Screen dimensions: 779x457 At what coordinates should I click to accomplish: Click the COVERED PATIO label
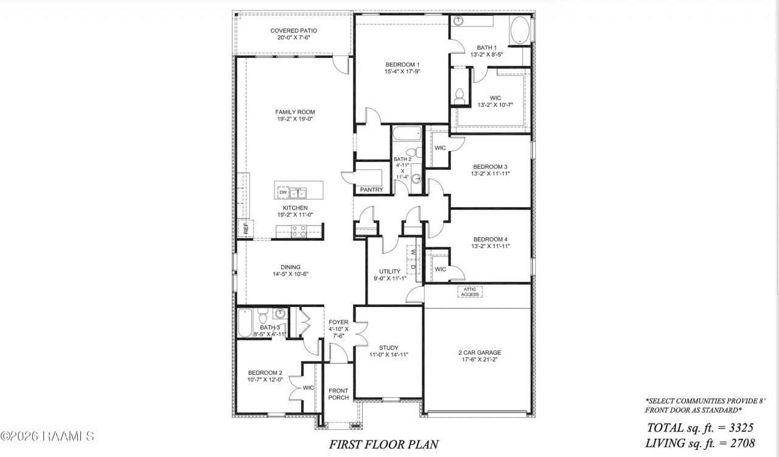(294, 30)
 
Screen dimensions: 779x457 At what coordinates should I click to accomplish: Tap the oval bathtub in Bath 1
(520, 30)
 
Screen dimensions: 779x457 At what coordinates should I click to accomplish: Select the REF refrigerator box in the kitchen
(245, 228)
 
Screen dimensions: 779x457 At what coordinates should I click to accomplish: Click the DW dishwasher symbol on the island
(284, 193)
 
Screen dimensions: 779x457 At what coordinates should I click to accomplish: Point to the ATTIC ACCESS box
(470, 292)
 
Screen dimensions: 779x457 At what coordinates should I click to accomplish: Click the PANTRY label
(371, 190)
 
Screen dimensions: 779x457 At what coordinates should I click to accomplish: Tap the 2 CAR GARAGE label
(480, 353)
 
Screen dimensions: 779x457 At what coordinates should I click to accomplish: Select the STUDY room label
(388, 348)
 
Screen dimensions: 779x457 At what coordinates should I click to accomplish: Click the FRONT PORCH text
(338, 394)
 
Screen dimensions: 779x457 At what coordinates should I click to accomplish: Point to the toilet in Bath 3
(262, 316)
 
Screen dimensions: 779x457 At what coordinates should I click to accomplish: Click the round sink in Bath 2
(416, 179)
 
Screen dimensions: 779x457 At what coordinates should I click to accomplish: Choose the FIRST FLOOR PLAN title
(383, 444)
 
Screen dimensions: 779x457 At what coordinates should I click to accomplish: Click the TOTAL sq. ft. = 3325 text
(700, 427)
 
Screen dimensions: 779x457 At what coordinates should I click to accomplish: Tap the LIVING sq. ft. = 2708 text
(700, 443)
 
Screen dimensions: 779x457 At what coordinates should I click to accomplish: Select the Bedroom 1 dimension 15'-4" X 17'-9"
(402, 72)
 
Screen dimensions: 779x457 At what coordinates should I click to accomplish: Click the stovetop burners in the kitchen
(299, 232)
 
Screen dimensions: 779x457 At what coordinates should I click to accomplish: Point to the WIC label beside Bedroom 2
(308, 388)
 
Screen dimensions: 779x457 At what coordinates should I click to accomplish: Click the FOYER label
(338, 322)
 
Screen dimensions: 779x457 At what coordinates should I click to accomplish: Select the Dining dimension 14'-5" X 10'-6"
(290, 274)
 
